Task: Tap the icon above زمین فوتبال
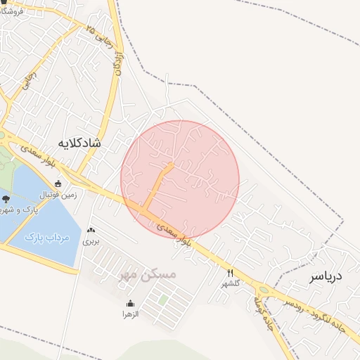[x=58, y=184]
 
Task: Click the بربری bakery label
[x=91, y=240]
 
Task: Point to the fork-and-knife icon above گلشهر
[x=230, y=273]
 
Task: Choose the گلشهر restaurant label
[x=231, y=283]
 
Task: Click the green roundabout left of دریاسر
[x=263, y=289]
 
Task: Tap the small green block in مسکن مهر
[x=163, y=300]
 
